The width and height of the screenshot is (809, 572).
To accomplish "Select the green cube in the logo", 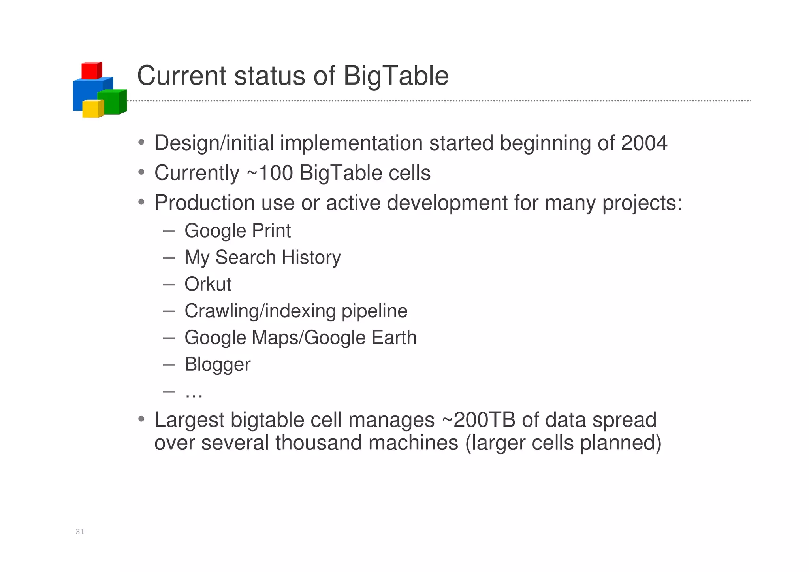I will click(x=111, y=102).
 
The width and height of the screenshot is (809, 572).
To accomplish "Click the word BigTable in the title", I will click(x=396, y=76).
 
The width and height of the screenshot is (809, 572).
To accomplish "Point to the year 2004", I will click(x=644, y=143).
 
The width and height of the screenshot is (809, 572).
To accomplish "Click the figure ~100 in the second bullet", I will click(x=270, y=173).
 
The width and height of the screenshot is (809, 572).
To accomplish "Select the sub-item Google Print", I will click(x=237, y=231).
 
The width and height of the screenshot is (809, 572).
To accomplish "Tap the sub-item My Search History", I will click(x=262, y=257).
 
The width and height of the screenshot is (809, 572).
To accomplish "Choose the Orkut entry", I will click(x=208, y=284).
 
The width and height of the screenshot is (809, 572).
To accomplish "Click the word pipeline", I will click(x=374, y=311).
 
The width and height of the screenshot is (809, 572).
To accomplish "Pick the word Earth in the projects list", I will click(x=394, y=338).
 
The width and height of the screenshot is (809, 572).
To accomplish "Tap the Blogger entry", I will click(x=217, y=364).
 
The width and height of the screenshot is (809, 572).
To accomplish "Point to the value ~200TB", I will click(x=478, y=420).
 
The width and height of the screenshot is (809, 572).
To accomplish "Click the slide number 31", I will click(x=79, y=532).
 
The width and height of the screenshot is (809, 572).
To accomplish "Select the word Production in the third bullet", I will click(x=205, y=203).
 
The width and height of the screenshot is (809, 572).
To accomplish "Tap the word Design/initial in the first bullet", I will click(x=214, y=143).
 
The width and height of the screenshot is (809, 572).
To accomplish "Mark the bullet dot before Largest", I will click(x=141, y=419).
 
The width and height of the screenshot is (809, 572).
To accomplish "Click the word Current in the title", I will click(x=181, y=76).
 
